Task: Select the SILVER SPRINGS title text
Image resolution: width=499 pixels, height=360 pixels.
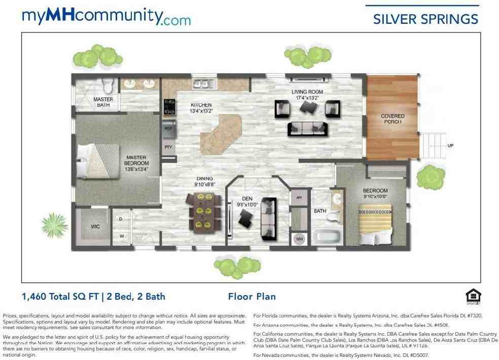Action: click(x=425, y=19)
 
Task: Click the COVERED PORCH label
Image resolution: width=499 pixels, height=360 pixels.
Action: click(x=393, y=119)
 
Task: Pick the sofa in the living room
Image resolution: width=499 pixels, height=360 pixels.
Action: click(x=307, y=129)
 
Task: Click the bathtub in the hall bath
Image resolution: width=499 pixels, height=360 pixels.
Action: click(x=325, y=236)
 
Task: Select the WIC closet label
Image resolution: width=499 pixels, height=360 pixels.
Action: click(x=95, y=227)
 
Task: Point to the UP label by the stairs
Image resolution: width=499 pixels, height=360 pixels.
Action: click(x=450, y=146)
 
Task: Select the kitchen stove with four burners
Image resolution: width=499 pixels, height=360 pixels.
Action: click(x=168, y=107)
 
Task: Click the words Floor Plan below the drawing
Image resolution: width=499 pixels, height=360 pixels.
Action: click(x=252, y=297)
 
